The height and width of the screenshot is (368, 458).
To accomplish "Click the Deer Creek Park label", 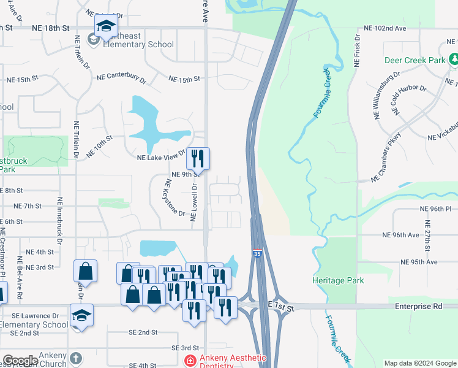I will pos(415,61).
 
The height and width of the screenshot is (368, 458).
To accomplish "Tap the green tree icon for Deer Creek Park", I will pos(453,60).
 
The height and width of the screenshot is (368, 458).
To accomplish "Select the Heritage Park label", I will pos(337,280).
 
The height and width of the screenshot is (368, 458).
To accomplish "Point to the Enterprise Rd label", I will pos(414,305).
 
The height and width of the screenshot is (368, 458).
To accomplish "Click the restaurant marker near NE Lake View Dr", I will pos(198,158).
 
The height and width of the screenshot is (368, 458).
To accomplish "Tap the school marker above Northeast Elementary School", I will pos(106,27).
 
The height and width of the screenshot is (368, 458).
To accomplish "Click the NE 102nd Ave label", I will pos(385,28).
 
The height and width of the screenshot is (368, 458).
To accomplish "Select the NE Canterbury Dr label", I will pos(121,78).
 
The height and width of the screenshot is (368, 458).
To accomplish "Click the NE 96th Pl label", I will pos(435,209).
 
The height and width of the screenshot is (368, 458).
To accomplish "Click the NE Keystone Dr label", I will pos(175,197).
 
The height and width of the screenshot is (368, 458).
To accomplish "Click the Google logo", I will pos(20,361).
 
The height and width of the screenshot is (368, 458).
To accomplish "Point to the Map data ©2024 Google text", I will pos(420,363).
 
